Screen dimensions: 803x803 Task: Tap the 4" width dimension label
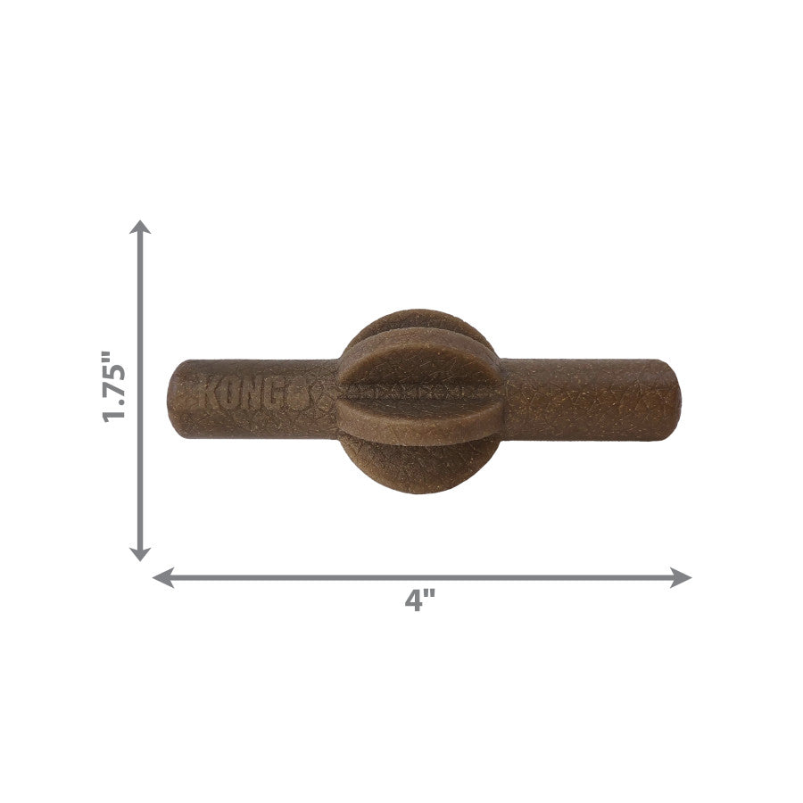click(415, 600)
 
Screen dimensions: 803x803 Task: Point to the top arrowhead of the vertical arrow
click(140, 227)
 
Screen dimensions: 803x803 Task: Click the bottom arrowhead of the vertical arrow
click(140, 553)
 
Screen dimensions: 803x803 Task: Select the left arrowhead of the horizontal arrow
click(162, 578)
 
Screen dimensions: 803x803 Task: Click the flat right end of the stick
click(673, 399)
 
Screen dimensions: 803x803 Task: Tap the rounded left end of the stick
click(176, 399)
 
